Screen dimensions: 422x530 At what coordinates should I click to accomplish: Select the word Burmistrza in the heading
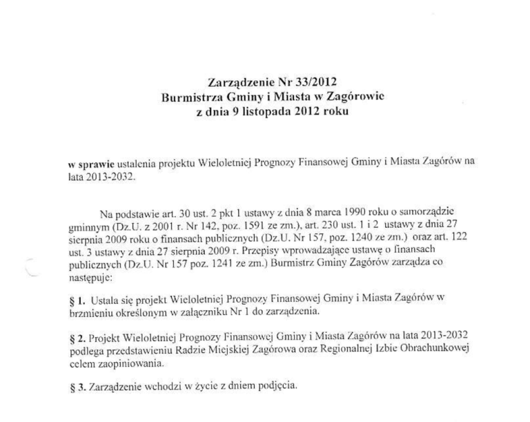tap(191, 97)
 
